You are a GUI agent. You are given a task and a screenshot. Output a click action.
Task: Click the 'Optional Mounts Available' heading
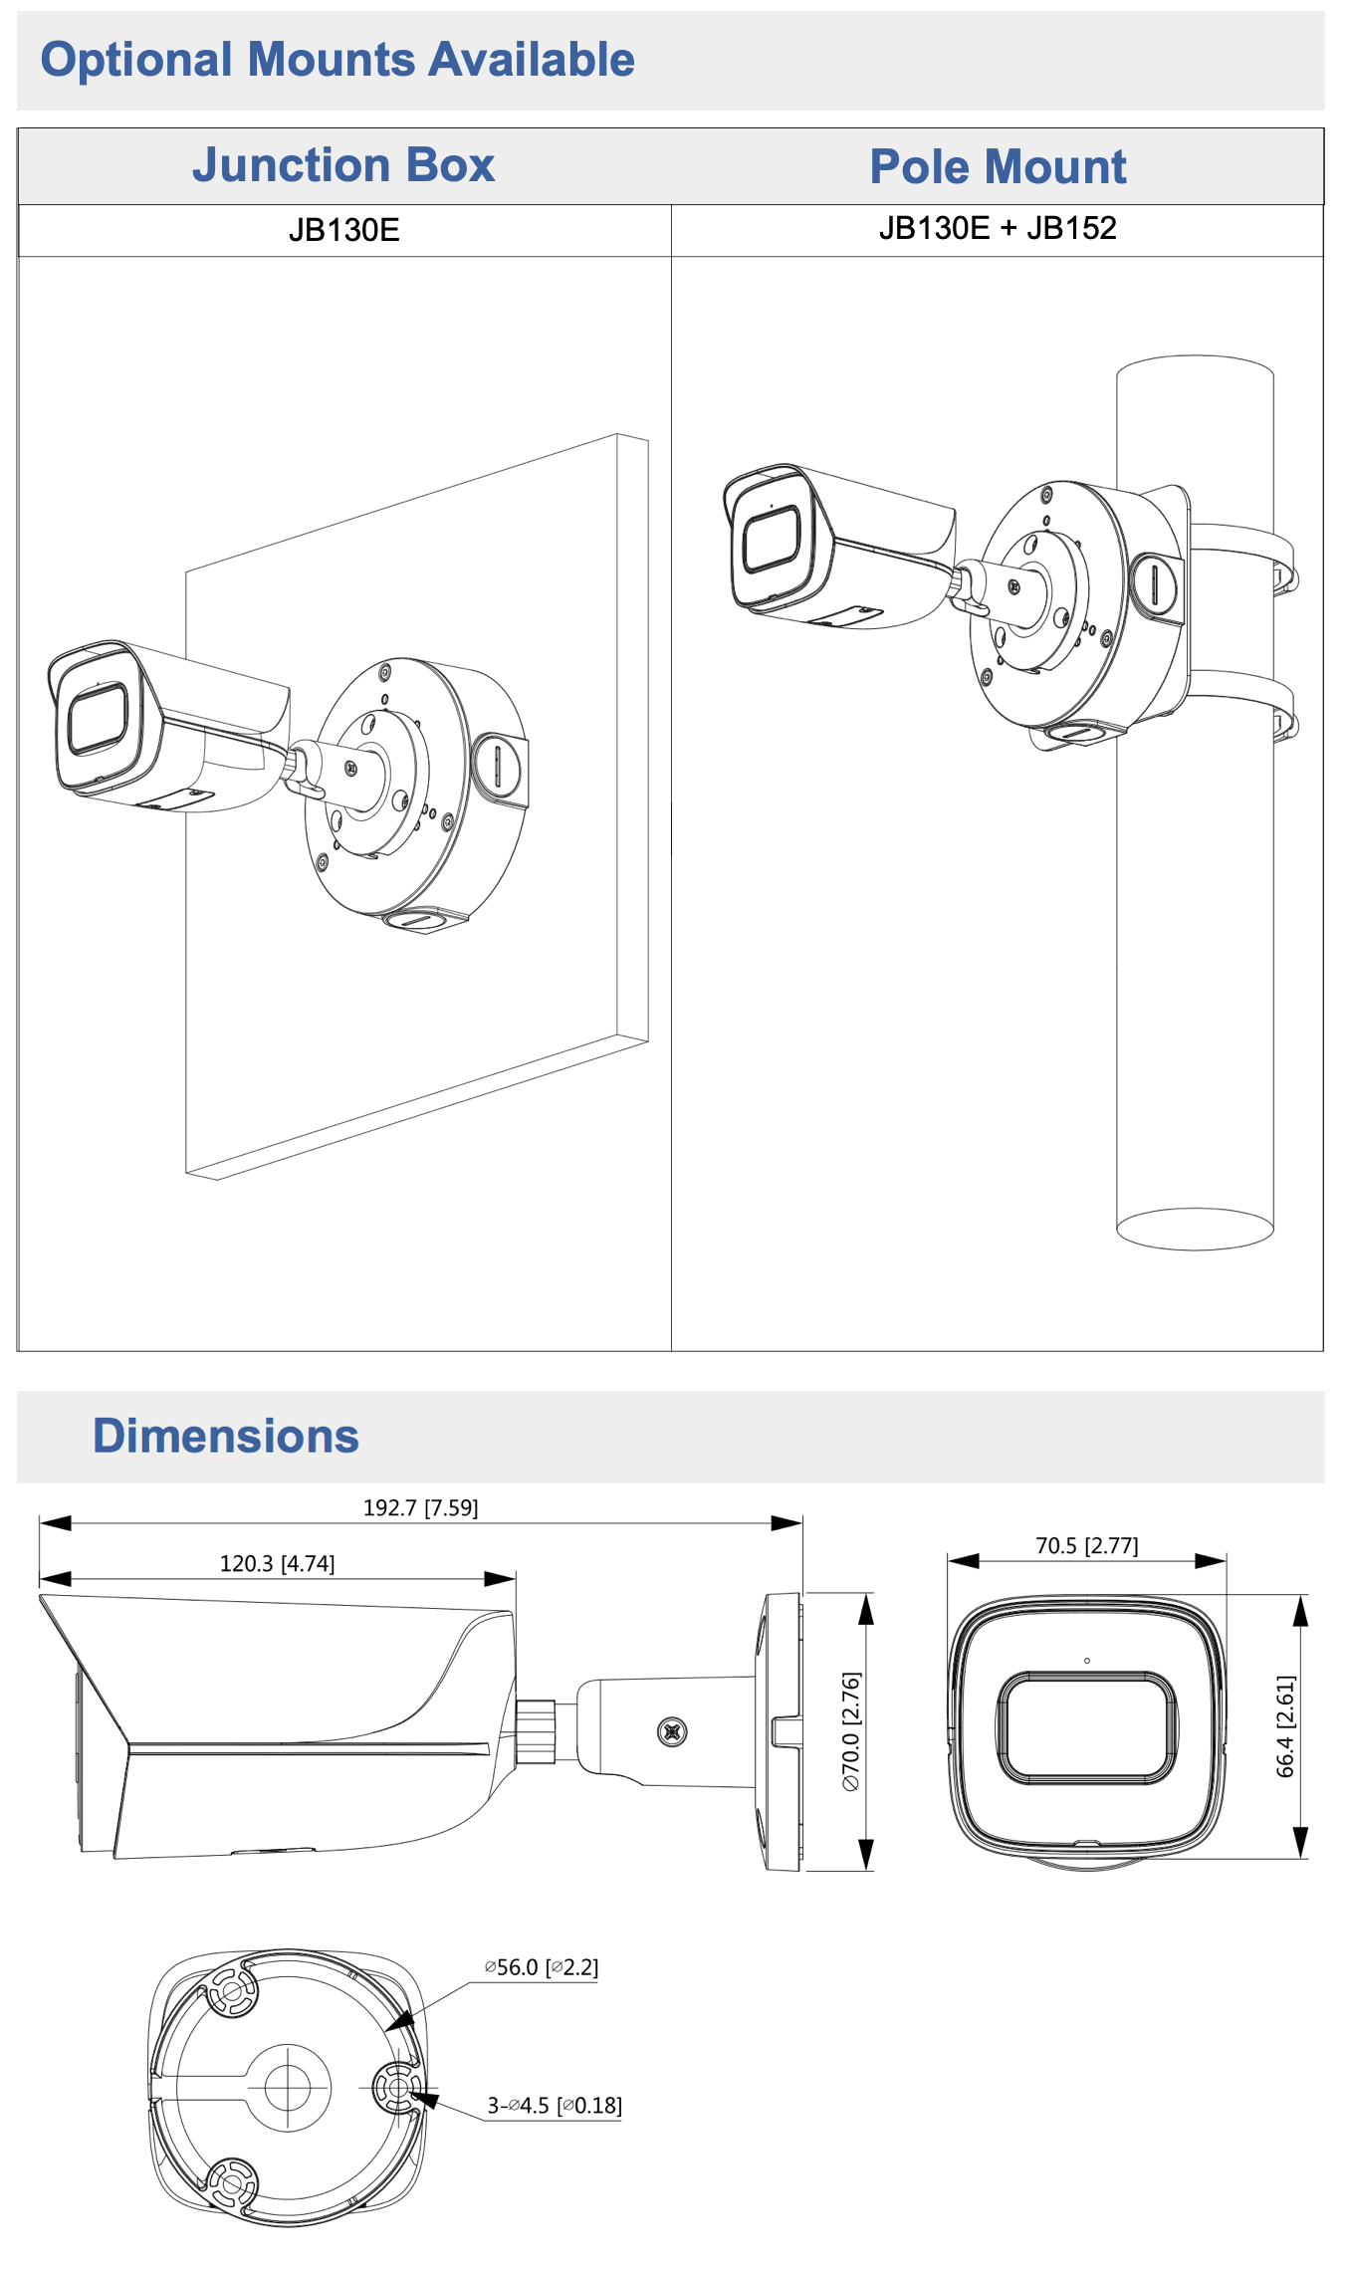pyautogui.click(x=336, y=60)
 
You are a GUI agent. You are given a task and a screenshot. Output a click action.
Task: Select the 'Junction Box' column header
pyautogui.click(x=343, y=165)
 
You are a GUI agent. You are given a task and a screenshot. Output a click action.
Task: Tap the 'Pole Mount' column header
pyautogui.click(x=998, y=166)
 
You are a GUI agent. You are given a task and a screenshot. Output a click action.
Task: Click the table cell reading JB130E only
pyautogui.click(x=343, y=231)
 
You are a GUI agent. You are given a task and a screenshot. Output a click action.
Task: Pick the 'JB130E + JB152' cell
pyautogui.click(x=998, y=229)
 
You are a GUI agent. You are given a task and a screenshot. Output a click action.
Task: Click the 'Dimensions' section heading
pyautogui.click(x=226, y=1436)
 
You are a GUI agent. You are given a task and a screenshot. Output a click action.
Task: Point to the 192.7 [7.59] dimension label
pyautogui.click(x=420, y=1507)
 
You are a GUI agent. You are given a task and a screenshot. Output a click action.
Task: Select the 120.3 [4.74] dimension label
pyautogui.click(x=277, y=1563)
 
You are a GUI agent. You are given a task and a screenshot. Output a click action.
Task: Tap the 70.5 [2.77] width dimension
pyautogui.click(x=1086, y=1545)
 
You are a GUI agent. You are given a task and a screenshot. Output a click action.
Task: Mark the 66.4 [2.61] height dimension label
pyautogui.click(x=1285, y=1725)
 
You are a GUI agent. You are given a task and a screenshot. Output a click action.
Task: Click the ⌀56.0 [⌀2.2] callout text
pyautogui.click(x=542, y=1967)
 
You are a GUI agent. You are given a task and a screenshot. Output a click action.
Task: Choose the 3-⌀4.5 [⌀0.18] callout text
pyautogui.click(x=554, y=2106)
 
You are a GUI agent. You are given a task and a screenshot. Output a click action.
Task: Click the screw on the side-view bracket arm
pyautogui.click(x=672, y=1732)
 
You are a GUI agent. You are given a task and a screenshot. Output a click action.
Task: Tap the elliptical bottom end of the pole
pyautogui.click(x=1195, y=1229)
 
